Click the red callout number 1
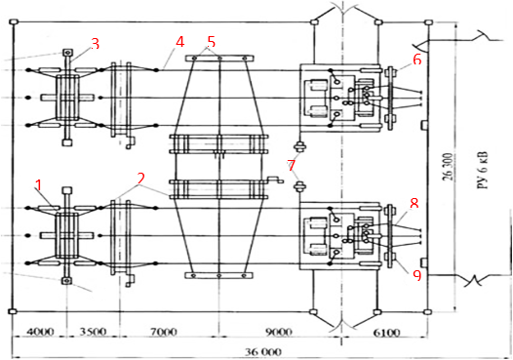(x=39, y=185)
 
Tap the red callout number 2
(x=140, y=179)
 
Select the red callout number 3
(x=95, y=44)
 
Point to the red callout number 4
(x=180, y=42)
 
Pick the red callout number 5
(x=211, y=42)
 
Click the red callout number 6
(x=417, y=60)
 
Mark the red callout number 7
(x=292, y=165)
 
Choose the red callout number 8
(x=414, y=204)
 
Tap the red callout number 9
(x=416, y=275)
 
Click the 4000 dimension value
(x=40, y=332)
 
